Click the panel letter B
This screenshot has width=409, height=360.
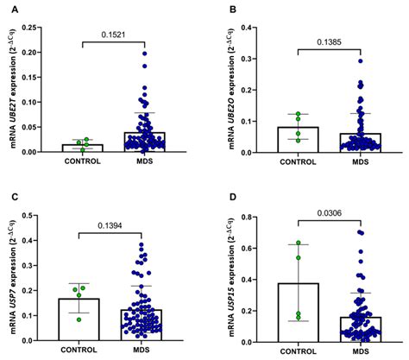click(230, 9)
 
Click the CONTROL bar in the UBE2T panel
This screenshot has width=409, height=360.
click(82, 148)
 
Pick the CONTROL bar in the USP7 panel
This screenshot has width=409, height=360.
click(82, 315)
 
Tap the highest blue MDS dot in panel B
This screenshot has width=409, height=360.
click(360, 60)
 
